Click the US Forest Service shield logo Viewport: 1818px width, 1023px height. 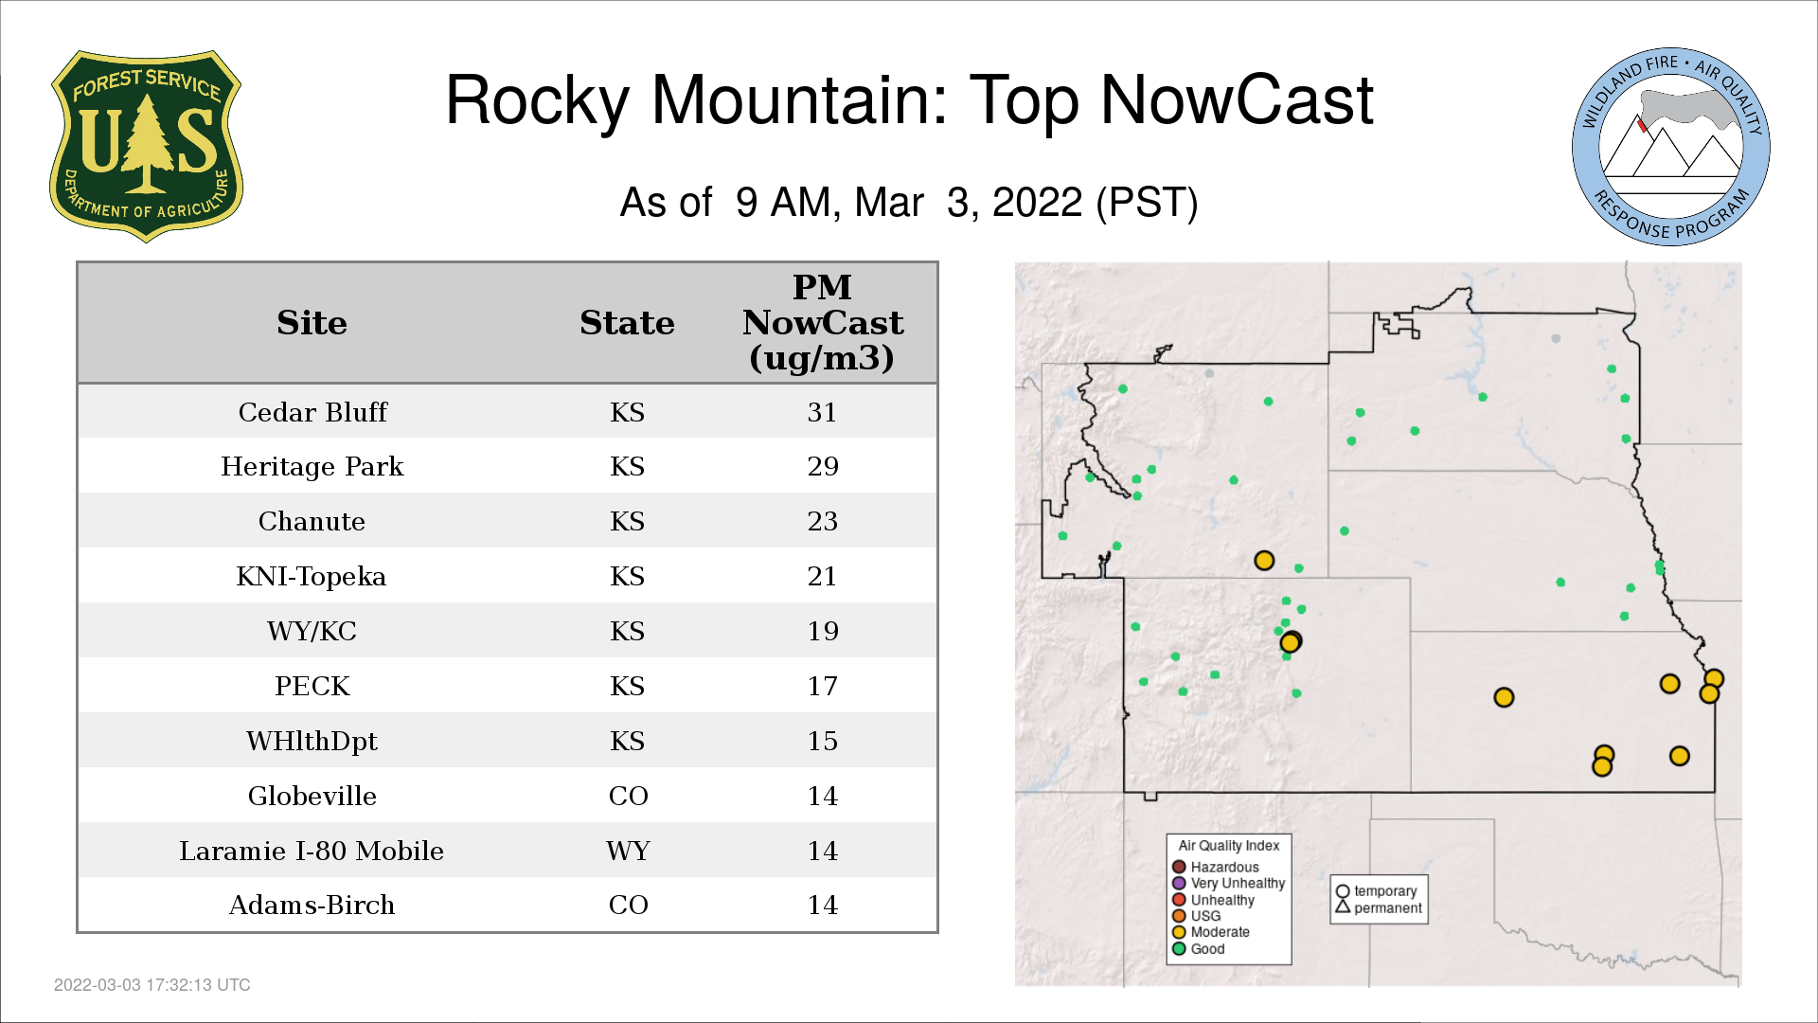[x=146, y=146]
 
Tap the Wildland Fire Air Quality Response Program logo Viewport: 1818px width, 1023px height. [x=1671, y=147]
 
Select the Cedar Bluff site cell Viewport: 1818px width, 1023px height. [x=312, y=412]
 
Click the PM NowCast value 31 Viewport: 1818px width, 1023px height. [x=822, y=412]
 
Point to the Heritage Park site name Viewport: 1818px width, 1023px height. [x=312, y=466]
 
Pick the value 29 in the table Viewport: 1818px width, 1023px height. [x=823, y=466]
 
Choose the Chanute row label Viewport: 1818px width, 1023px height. [x=312, y=521]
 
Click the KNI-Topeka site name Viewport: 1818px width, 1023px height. [x=312, y=576]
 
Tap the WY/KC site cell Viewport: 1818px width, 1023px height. [x=312, y=631]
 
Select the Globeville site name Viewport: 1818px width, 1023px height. [x=312, y=796]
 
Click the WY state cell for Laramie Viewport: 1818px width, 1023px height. [x=628, y=851]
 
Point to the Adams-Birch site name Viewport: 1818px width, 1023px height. [x=312, y=905]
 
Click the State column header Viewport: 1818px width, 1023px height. [x=628, y=322]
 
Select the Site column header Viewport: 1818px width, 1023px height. [x=312, y=322]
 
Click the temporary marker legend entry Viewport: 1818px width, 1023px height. [x=1377, y=891]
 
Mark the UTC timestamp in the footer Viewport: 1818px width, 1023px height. [x=152, y=985]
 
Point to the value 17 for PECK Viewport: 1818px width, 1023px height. [x=823, y=686]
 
